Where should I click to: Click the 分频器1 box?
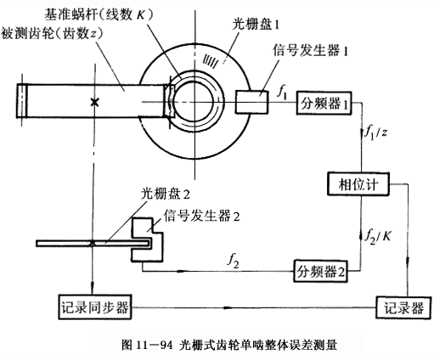pyautogui.click(x=324, y=103)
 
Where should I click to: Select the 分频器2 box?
pyautogui.click(x=320, y=271)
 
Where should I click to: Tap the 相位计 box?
pyautogui.click(x=358, y=184)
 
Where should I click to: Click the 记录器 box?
pyautogui.click(x=403, y=307)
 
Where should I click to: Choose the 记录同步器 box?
pyautogui.click(x=95, y=307)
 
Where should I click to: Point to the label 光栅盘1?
pyautogui.click(x=256, y=25)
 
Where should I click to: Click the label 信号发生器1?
pyautogui.click(x=310, y=51)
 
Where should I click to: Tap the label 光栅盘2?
pyautogui.click(x=166, y=194)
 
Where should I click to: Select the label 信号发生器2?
pyautogui.click(x=201, y=217)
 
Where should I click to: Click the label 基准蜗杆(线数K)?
pyautogui.click(x=99, y=14)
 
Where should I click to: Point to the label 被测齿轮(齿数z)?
pyautogui.click(x=52, y=34)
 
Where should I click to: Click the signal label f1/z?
pyautogui.click(x=375, y=132)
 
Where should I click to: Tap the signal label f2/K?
pyautogui.click(x=377, y=236)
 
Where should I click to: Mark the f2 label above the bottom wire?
pyautogui.click(x=233, y=262)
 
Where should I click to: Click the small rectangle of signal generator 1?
pyautogui.click(x=251, y=102)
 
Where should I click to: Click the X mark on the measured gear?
pyautogui.click(x=94, y=102)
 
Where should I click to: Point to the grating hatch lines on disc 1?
pyautogui.click(x=210, y=60)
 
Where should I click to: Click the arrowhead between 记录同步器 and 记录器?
pyautogui.click(x=228, y=307)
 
